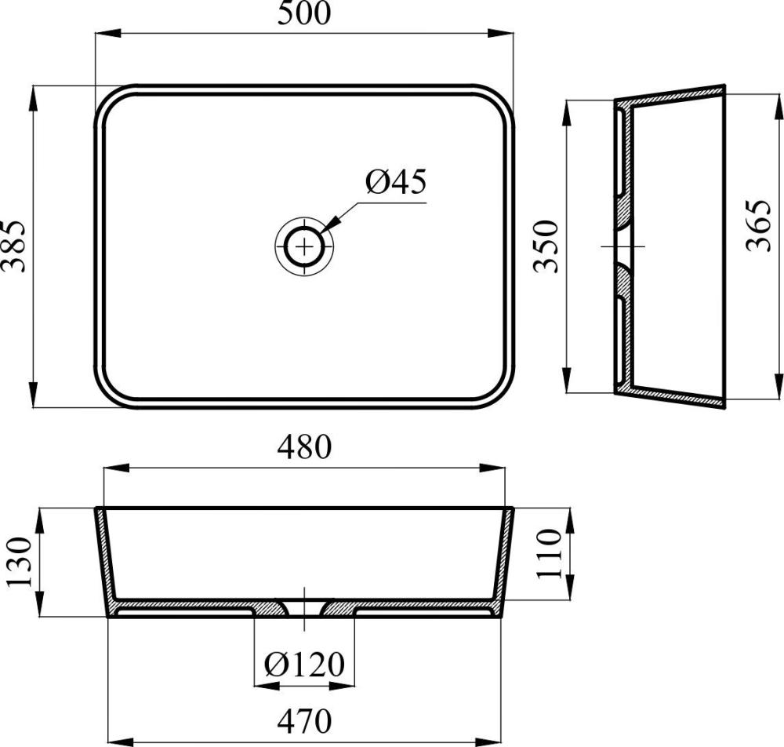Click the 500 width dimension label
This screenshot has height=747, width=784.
pos(304,13)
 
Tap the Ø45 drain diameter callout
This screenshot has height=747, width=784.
pos(396,181)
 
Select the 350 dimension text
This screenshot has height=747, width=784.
pos(546,246)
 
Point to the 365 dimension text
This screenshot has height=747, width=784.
pos(758,225)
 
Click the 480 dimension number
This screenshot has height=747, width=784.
pos(304,446)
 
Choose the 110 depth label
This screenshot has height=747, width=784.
pos(549,553)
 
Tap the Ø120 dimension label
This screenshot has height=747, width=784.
pos(304,665)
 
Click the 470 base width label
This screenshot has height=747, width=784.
pos(304,721)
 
